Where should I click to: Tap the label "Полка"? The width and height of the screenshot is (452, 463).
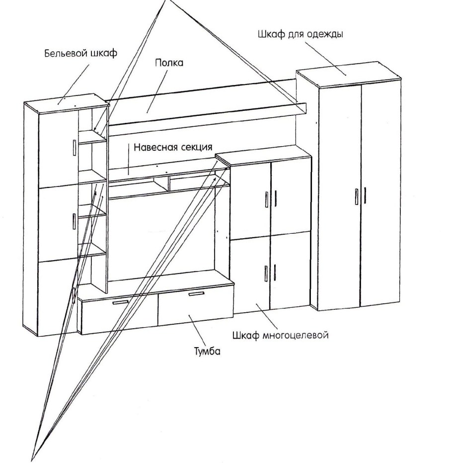coord(169,63)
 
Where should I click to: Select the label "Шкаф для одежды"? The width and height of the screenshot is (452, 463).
coord(301,35)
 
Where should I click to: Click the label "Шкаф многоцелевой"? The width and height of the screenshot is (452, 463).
coord(281,335)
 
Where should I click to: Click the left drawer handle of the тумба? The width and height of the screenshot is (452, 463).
coord(120,302)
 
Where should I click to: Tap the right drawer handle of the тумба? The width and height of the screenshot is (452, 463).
coord(196,294)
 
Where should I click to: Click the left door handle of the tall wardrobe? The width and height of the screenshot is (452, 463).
coord(357,196)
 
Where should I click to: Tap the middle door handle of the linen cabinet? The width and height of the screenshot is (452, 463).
coord(74,221)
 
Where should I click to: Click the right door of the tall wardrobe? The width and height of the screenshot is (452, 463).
coord(380,199)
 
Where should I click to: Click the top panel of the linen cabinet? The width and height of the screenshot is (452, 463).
coord(66,100)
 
